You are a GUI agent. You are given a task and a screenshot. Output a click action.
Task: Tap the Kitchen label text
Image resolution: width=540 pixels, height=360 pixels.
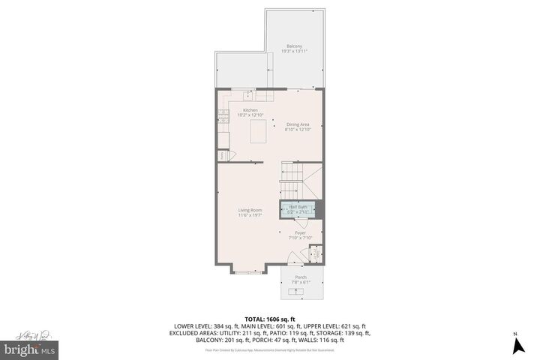coord(250,110)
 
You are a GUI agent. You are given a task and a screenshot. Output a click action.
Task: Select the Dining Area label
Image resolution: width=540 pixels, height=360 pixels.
coord(297,124)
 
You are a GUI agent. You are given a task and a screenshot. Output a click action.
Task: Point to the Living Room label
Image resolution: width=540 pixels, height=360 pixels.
coord(250,210)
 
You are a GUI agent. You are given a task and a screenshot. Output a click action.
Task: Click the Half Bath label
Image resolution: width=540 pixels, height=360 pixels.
coord(298,207)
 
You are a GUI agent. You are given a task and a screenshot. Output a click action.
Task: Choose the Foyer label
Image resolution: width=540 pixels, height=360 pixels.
coord(300,232)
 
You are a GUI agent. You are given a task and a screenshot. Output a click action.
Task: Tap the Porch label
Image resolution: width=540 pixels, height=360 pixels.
coord(300,277)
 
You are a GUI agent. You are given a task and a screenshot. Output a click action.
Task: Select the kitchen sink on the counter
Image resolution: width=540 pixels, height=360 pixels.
coord(247,94)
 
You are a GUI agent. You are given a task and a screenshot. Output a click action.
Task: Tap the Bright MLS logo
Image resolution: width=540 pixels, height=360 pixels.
coord(28,349)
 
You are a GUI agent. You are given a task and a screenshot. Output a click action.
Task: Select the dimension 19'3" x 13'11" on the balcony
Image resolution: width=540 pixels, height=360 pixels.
coord(295,50)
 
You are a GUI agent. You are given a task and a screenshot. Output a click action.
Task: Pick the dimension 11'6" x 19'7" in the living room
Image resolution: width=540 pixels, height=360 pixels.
coord(250,215)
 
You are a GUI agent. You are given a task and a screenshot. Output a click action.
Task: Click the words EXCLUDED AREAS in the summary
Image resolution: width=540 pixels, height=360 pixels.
coord(200,333)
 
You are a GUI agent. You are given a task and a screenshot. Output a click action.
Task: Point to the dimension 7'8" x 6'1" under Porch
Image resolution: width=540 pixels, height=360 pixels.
coord(300,283)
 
